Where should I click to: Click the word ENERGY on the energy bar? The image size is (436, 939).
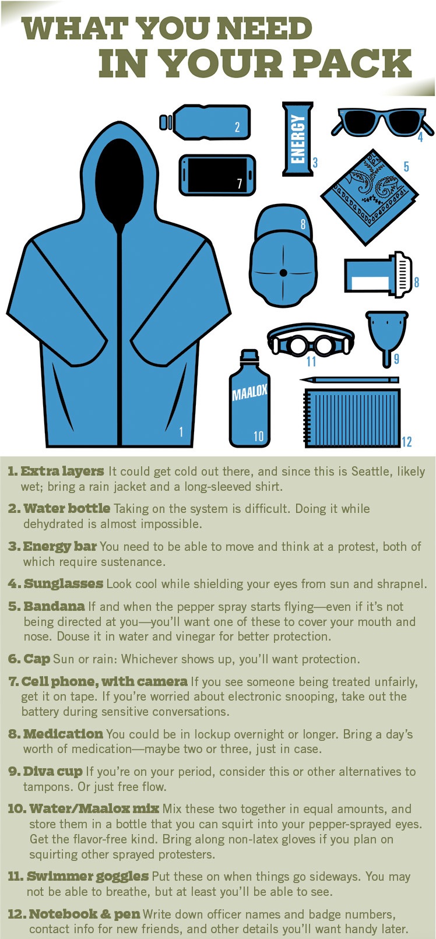(x=297, y=139)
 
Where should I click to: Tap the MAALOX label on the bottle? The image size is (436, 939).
(x=249, y=391)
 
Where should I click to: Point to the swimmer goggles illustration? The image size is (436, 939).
(x=311, y=340)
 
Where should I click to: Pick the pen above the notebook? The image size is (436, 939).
(x=349, y=380)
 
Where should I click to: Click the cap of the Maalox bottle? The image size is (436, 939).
(x=249, y=356)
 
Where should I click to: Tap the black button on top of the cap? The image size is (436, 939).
(x=283, y=273)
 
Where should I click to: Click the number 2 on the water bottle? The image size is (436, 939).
(x=237, y=127)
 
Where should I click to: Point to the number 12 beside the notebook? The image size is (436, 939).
(x=407, y=441)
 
